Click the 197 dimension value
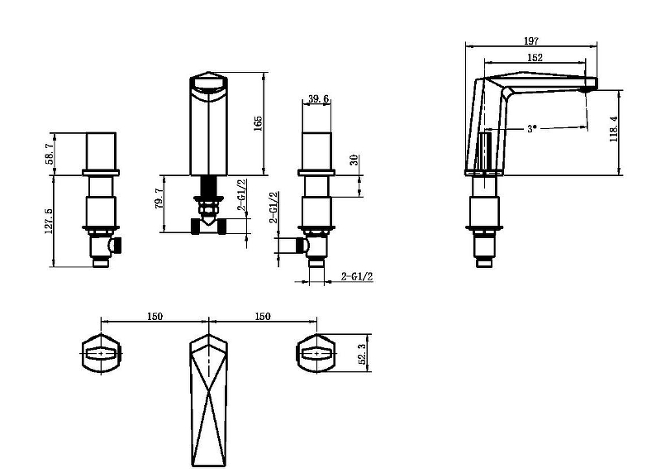click(x=531, y=41)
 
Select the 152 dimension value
click(x=535, y=57)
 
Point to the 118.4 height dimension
click(x=614, y=129)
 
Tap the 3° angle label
click(x=532, y=128)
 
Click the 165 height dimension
click(x=258, y=123)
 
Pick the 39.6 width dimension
click(x=318, y=98)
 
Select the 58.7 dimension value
click(x=50, y=154)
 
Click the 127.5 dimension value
click(x=49, y=221)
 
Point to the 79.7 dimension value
click(x=159, y=198)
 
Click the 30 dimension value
click(x=354, y=160)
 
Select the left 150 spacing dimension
click(x=155, y=316)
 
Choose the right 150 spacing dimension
click(x=263, y=316)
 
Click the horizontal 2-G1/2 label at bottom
click(x=357, y=276)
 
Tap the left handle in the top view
click(x=101, y=354)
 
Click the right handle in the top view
click(x=316, y=354)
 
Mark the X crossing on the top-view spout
click(x=209, y=393)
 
